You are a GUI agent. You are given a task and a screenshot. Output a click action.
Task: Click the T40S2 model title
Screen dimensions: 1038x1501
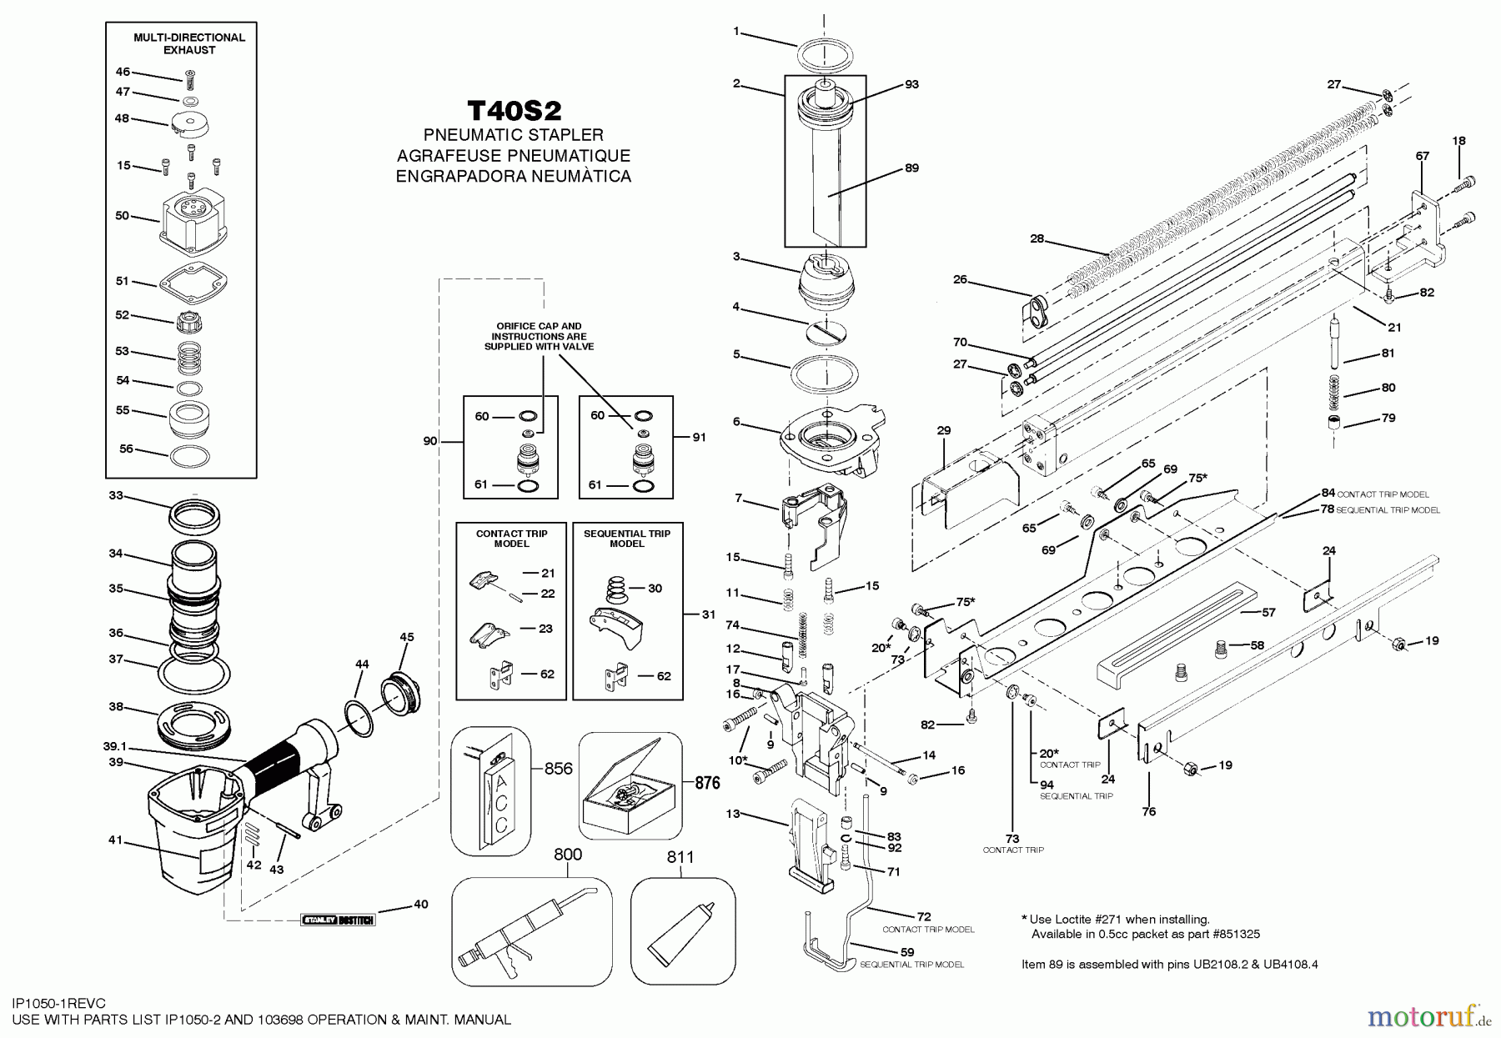pyautogui.click(x=514, y=112)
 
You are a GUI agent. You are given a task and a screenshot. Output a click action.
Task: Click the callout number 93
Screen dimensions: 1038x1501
pyautogui.click(x=911, y=84)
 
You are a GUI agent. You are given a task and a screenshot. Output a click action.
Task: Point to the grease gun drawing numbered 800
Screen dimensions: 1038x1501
pyautogui.click(x=530, y=931)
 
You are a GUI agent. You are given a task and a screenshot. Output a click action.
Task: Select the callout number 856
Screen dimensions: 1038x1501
pyautogui.click(x=559, y=769)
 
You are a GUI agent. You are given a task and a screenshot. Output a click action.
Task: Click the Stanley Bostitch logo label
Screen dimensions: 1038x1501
pyautogui.click(x=338, y=920)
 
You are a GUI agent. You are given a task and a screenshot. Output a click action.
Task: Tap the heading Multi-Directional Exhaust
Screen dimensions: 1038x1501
pyautogui.click(x=189, y=43)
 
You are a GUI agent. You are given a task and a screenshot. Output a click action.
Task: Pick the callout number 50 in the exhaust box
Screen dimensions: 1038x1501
pyautogui.click(x=123, y=216)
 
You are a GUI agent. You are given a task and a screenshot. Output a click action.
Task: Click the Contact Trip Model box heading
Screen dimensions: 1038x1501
pyautogui.click(x=511, y=539)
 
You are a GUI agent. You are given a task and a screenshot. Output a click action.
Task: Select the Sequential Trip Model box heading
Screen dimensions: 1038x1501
pyautogui.click(x=627, y=539)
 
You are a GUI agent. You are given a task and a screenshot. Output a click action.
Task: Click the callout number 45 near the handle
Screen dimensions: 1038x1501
pyautogui.click(x=406, y=637)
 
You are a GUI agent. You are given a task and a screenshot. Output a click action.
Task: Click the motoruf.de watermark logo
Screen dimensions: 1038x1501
pyautogui.click(x=1429, y=1016)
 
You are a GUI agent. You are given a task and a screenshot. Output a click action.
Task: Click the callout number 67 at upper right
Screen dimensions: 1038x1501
pyautogui.click(x=1423, y=156)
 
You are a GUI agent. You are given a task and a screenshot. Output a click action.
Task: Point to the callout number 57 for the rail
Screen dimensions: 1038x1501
pyautogui.click(x=1268, y=612)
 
